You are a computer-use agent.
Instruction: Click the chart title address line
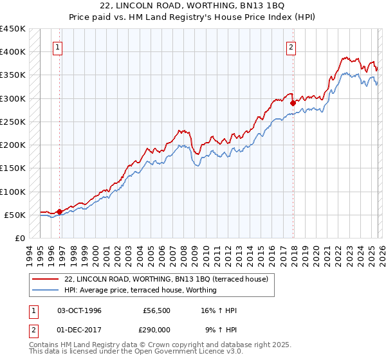(x=193, y=6)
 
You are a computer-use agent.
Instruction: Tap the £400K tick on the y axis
(x=13, y=52)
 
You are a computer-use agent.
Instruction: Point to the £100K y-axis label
(x=13, y=192)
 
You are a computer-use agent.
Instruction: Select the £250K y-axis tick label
(x=13, y=122)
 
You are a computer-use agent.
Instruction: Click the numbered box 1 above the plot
(x=58, y=46)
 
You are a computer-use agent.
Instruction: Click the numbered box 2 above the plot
(x=291, y=46)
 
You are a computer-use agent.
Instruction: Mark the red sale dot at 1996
(x=59, y=212)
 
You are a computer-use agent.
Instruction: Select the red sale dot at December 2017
(x=293, y=103)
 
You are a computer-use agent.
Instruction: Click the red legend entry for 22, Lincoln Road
(x=170, y=279)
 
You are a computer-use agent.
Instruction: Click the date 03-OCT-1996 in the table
(x=79, y=310)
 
